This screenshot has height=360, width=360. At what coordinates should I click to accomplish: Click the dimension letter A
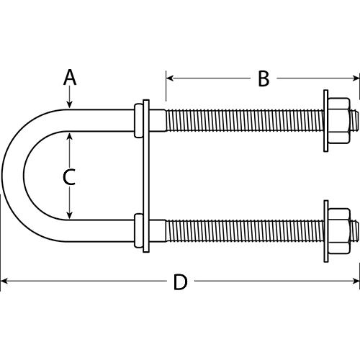point(69,77)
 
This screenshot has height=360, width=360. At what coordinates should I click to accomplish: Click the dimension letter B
point(264,78)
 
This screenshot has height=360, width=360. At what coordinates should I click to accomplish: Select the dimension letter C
point(69,176)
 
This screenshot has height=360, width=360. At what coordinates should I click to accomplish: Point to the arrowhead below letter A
point(69,105)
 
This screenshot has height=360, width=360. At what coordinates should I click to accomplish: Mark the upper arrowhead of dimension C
point(69,135)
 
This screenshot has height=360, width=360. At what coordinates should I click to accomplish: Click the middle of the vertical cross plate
point(146,176)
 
